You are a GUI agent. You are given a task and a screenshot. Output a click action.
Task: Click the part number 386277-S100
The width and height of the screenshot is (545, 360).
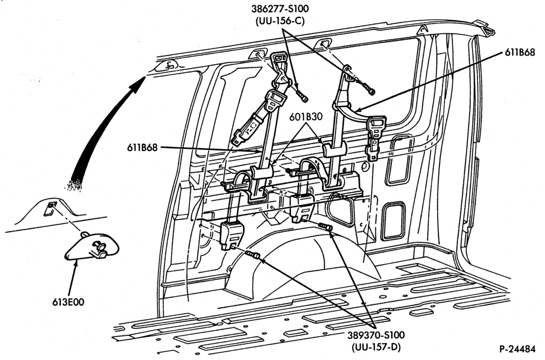click(281, 8)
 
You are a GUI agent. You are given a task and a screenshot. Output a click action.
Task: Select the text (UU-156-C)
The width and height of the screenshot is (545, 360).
click(280, 21)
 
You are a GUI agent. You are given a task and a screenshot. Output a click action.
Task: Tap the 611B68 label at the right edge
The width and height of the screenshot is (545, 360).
click(519, 53)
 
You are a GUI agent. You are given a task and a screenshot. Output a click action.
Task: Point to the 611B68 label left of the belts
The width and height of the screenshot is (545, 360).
click(142, 147)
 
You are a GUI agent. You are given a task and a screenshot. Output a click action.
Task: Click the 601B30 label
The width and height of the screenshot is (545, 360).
click(306, 117)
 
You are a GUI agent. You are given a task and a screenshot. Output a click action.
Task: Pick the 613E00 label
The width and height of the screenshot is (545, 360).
click(68, 302)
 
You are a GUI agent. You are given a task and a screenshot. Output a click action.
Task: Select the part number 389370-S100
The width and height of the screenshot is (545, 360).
click(376, 335)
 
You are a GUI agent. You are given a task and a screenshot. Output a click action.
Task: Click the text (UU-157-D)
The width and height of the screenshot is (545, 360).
click(376, 347)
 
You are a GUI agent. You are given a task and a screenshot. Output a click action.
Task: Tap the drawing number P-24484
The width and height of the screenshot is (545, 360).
click(517, 348)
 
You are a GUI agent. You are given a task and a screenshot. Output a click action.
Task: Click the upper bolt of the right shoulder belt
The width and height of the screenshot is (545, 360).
click(368, 89)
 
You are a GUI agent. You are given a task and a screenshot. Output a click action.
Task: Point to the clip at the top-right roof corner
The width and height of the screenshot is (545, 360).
click(486, 27)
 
